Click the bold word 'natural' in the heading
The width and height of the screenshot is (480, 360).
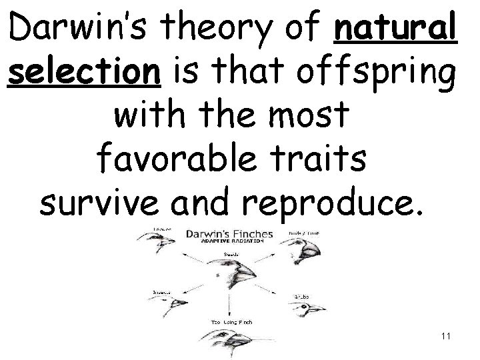coord(398,30)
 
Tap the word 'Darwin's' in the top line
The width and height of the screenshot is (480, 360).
coord(79,30)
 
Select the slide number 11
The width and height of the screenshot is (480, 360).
coord(446,337)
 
